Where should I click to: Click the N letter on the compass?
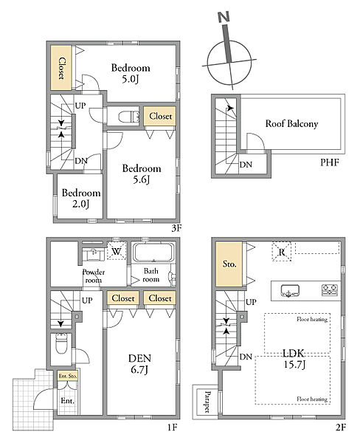[224, 18]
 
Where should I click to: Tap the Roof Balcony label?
[291, 123]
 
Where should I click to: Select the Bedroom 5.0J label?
[131, 73]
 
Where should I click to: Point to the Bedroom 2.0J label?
[81, 198]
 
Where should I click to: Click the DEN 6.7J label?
[139, 364]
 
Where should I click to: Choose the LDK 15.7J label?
[294, 359]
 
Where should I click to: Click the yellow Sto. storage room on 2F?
[229, 264]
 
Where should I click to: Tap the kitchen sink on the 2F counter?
[290, 291]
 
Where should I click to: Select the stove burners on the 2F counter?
[330, 290]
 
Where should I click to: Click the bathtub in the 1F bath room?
[153, 252]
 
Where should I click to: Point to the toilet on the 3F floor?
[129, 117]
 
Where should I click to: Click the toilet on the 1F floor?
[61, 343]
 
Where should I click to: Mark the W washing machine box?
[117, 250]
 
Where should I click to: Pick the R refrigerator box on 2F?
[282, 252]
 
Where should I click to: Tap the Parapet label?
[207, 402]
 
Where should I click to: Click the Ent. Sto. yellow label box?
[67, 376]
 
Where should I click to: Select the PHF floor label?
[329, 162]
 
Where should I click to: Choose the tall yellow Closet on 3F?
[61, 68]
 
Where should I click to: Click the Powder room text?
[94, 276]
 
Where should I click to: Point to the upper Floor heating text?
[312, 319]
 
